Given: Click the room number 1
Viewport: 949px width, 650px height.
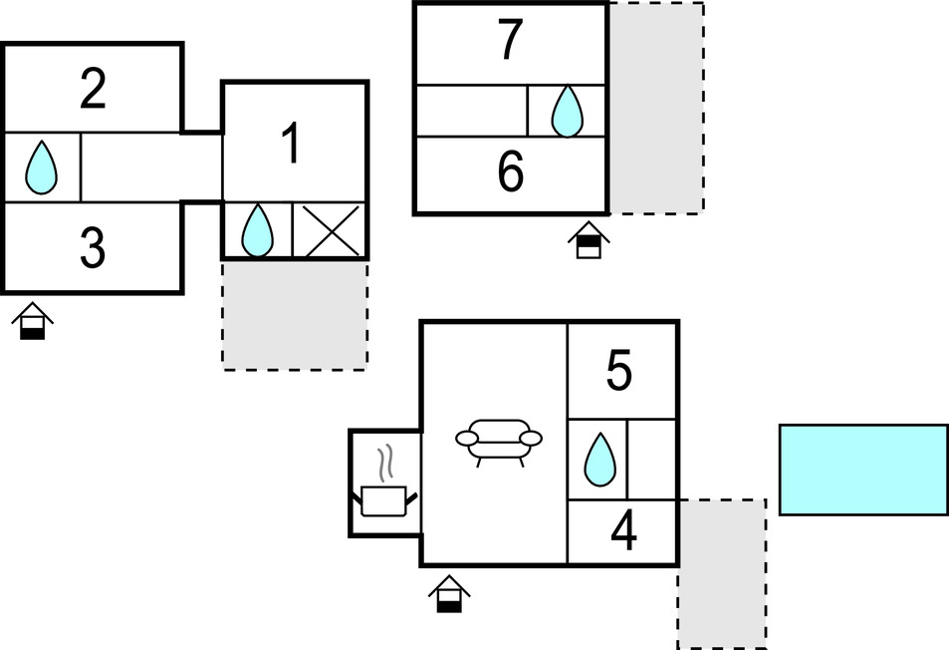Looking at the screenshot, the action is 292,143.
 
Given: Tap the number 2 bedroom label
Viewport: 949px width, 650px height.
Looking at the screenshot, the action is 94,89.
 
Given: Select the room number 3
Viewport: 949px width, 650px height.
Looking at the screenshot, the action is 93,248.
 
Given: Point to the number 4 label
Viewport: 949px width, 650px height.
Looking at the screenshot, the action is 623,530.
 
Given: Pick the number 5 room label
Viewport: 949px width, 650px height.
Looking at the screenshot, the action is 619,370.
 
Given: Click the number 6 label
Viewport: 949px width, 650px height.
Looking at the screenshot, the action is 511,171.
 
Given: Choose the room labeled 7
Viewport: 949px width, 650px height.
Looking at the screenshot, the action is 510,40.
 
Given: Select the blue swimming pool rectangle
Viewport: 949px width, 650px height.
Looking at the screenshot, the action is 863,471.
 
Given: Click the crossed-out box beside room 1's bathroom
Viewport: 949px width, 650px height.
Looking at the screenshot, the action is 330,230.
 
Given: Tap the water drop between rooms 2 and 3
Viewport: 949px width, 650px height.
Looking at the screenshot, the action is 41,167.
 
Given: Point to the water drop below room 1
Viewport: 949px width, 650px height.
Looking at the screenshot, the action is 257,230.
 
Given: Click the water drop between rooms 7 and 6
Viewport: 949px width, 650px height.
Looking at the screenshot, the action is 567,111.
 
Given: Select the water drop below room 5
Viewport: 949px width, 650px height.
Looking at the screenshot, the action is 599,460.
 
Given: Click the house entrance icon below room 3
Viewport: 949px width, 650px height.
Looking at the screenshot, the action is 33,321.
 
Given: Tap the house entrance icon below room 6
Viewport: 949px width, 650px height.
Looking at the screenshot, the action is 589,240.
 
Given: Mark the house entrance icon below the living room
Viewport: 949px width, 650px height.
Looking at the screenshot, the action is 449,593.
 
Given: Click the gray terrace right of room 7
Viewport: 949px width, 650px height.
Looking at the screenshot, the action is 656,108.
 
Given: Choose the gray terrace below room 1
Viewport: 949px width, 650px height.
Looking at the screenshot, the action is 295,315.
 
